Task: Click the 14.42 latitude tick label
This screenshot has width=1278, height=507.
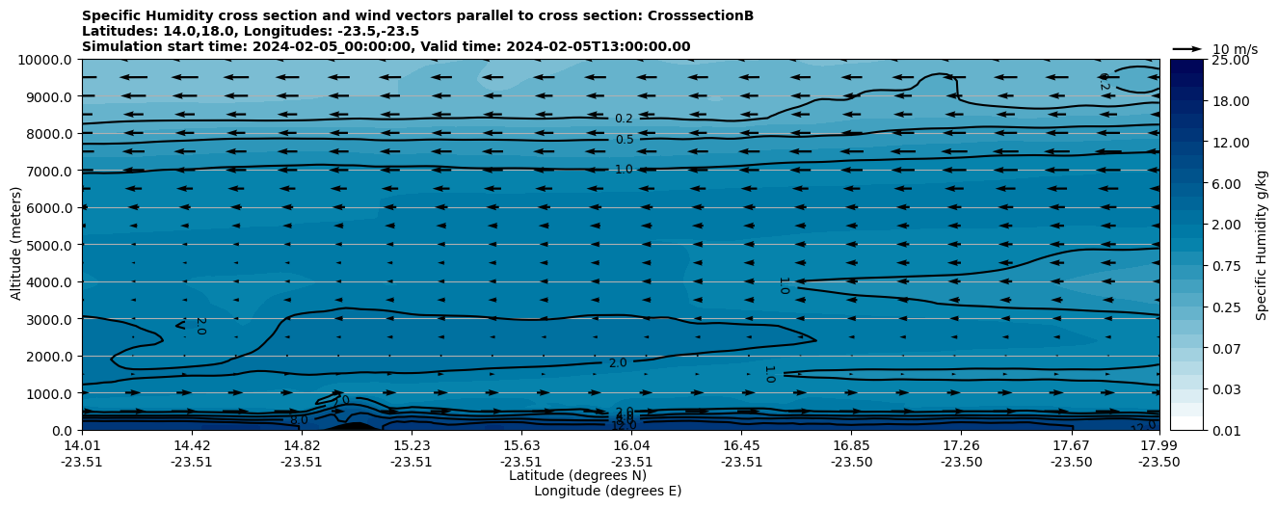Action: click(192, 445)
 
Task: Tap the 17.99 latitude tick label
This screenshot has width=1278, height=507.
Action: click(1158, 445)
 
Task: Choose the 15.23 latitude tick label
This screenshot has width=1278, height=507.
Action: click(412, 445)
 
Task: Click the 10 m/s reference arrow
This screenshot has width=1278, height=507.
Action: click(1187, 49)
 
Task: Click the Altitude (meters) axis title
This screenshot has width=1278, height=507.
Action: click(16, 245)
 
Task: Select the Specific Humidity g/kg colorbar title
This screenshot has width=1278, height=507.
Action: click(1262, 245)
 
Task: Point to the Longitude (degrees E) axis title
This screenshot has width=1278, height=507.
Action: click(607, 491)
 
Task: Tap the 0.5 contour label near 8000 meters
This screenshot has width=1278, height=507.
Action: click(625, 140)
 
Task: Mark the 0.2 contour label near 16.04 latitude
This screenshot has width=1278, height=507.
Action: click(625, 119)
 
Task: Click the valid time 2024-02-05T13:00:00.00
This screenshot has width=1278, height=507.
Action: click(554, 46)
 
